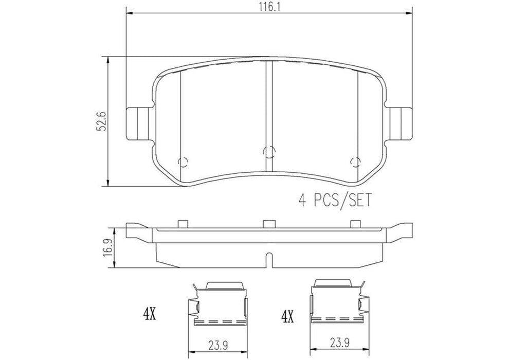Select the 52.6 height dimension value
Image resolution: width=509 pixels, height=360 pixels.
pyautogui.click(x=102, y=121)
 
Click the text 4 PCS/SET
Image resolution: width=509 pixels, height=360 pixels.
pyautogui.click(x=335, y=200)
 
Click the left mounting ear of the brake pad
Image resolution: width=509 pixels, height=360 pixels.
pyautogui.click(x=137, y=123)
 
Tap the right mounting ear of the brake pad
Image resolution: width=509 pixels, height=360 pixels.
pyautogui.click(x=399, y=123)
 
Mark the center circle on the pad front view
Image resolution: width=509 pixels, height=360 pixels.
pyautogui.click(x=267, y=151)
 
